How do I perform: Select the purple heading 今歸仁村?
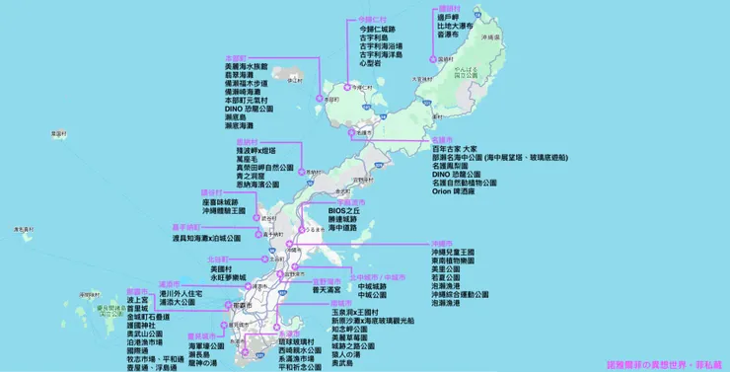(373, 21)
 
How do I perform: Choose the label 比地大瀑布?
(456, 26)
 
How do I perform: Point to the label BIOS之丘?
(345, 210)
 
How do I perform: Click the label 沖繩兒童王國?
(462, 252)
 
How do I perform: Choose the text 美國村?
(225, 268)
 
